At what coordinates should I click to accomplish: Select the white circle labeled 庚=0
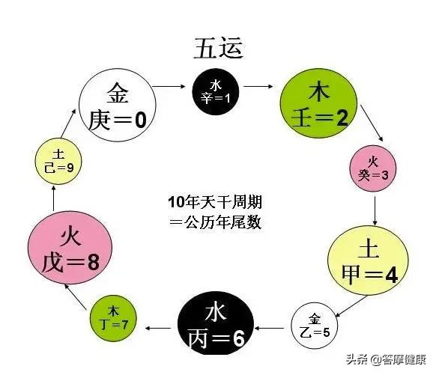point(118,108)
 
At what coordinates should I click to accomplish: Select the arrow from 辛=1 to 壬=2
point(259,87)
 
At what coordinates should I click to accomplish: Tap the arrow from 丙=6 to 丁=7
point(158,327)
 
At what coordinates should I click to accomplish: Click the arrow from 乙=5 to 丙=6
point(271,327)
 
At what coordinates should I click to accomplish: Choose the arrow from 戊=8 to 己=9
point(55,197)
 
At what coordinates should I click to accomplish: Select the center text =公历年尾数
point(216,222)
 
